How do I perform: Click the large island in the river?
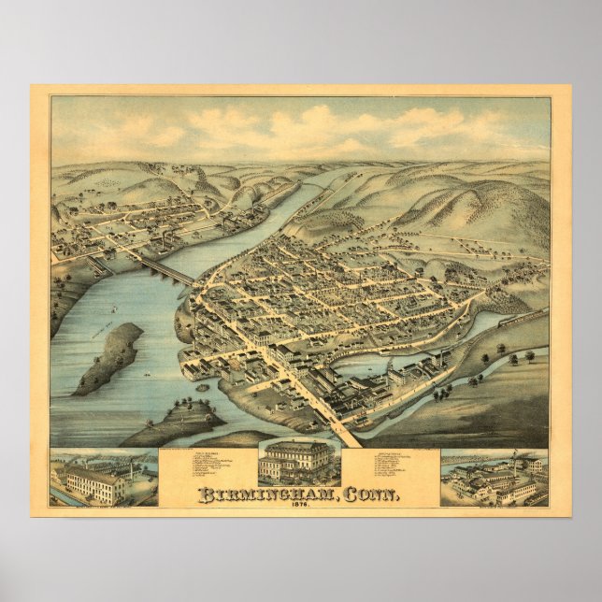111,357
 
